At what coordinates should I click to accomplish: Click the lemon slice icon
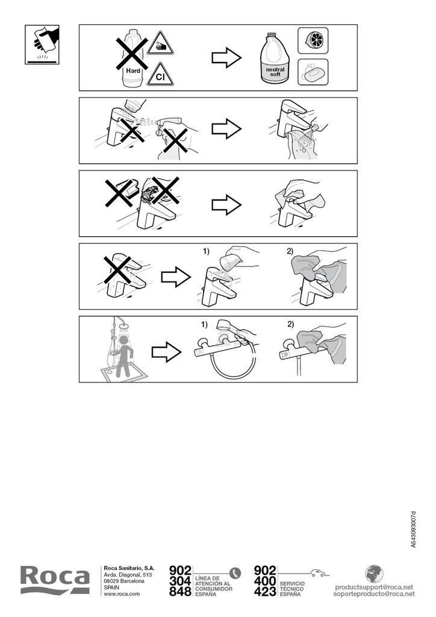[313, 40]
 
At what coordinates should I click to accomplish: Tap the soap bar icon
[313, 72]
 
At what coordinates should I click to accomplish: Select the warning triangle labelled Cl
[160, 75]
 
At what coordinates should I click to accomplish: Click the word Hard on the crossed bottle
[133, 71]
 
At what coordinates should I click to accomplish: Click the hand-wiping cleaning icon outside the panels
[42, 45]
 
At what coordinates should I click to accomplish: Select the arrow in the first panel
[226, 58]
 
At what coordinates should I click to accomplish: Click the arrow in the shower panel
[167, 352]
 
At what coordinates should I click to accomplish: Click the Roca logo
[55, 579]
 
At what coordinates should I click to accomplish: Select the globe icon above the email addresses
[374, 574]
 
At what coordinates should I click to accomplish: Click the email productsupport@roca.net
[374, 587]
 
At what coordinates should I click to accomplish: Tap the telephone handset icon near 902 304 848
[235, 572]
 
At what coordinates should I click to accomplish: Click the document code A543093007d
[413, 529]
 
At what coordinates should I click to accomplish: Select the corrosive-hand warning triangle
[160, 43]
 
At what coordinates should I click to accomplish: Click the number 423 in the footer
[265, 592]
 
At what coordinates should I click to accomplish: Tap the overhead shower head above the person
[125, 326]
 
